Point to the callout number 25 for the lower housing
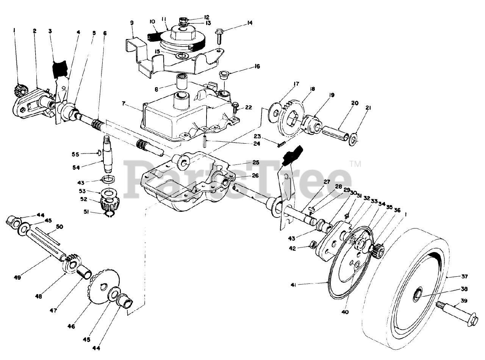256,162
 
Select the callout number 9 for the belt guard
131,23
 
